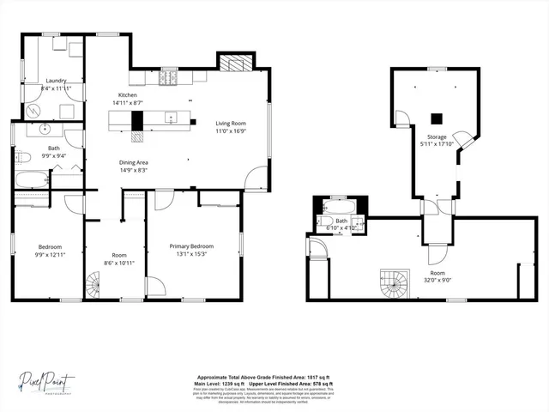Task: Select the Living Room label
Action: point(230,124)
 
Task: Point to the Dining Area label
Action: point(133,162)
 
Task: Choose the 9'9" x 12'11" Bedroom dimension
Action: point(49,254)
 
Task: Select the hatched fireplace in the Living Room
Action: point(232,63)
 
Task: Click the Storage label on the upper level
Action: point(436,136)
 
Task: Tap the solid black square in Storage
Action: point(435,118)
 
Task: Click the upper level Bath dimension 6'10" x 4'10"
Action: point(341,228)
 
